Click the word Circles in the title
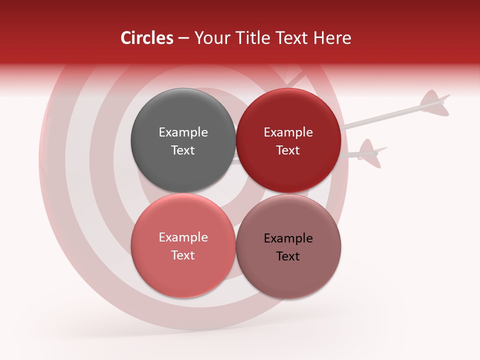tap(146, 38)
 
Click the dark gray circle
tap(183, 115)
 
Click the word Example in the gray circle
tap(183, 132)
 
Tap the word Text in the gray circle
tap(183, 150)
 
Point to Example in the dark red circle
tap(288, 132)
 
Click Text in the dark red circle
tap(288, 150)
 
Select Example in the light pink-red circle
tap(183, 237)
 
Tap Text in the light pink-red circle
tap(183, 255)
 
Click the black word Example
tap(288, 238)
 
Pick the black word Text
tap(288, 256)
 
